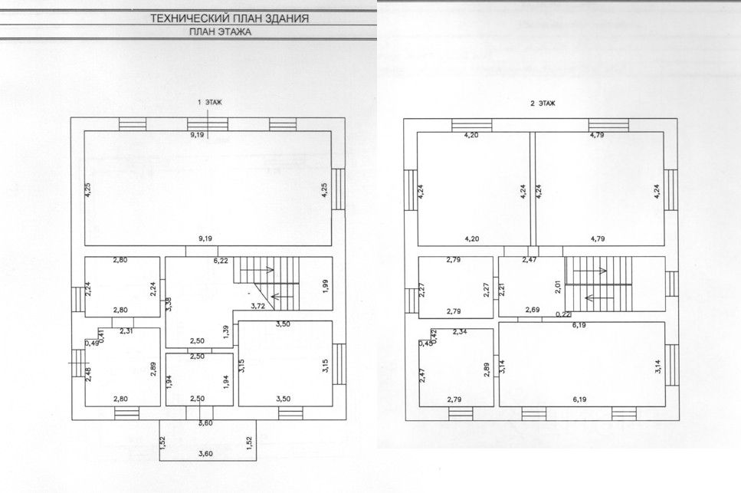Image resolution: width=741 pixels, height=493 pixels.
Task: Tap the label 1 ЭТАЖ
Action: pyautogui.click(x=209, y=102)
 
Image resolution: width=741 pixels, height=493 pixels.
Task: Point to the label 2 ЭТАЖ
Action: pyautogui.click(x=543, y=103)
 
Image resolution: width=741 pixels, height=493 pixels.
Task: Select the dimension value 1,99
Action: pyautogui.click(x=326, y=286)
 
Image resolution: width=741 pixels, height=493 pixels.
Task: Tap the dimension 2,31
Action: pyautogui.click(x=126, y=331)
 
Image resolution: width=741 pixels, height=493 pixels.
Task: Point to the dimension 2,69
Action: pyautogui.click(x=534, y=310)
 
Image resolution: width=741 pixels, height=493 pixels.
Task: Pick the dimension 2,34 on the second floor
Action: pyautogui.click(x=460, y=331)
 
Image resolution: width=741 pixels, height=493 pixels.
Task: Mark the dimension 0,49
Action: pyautogui.click(x=93, y=343)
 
